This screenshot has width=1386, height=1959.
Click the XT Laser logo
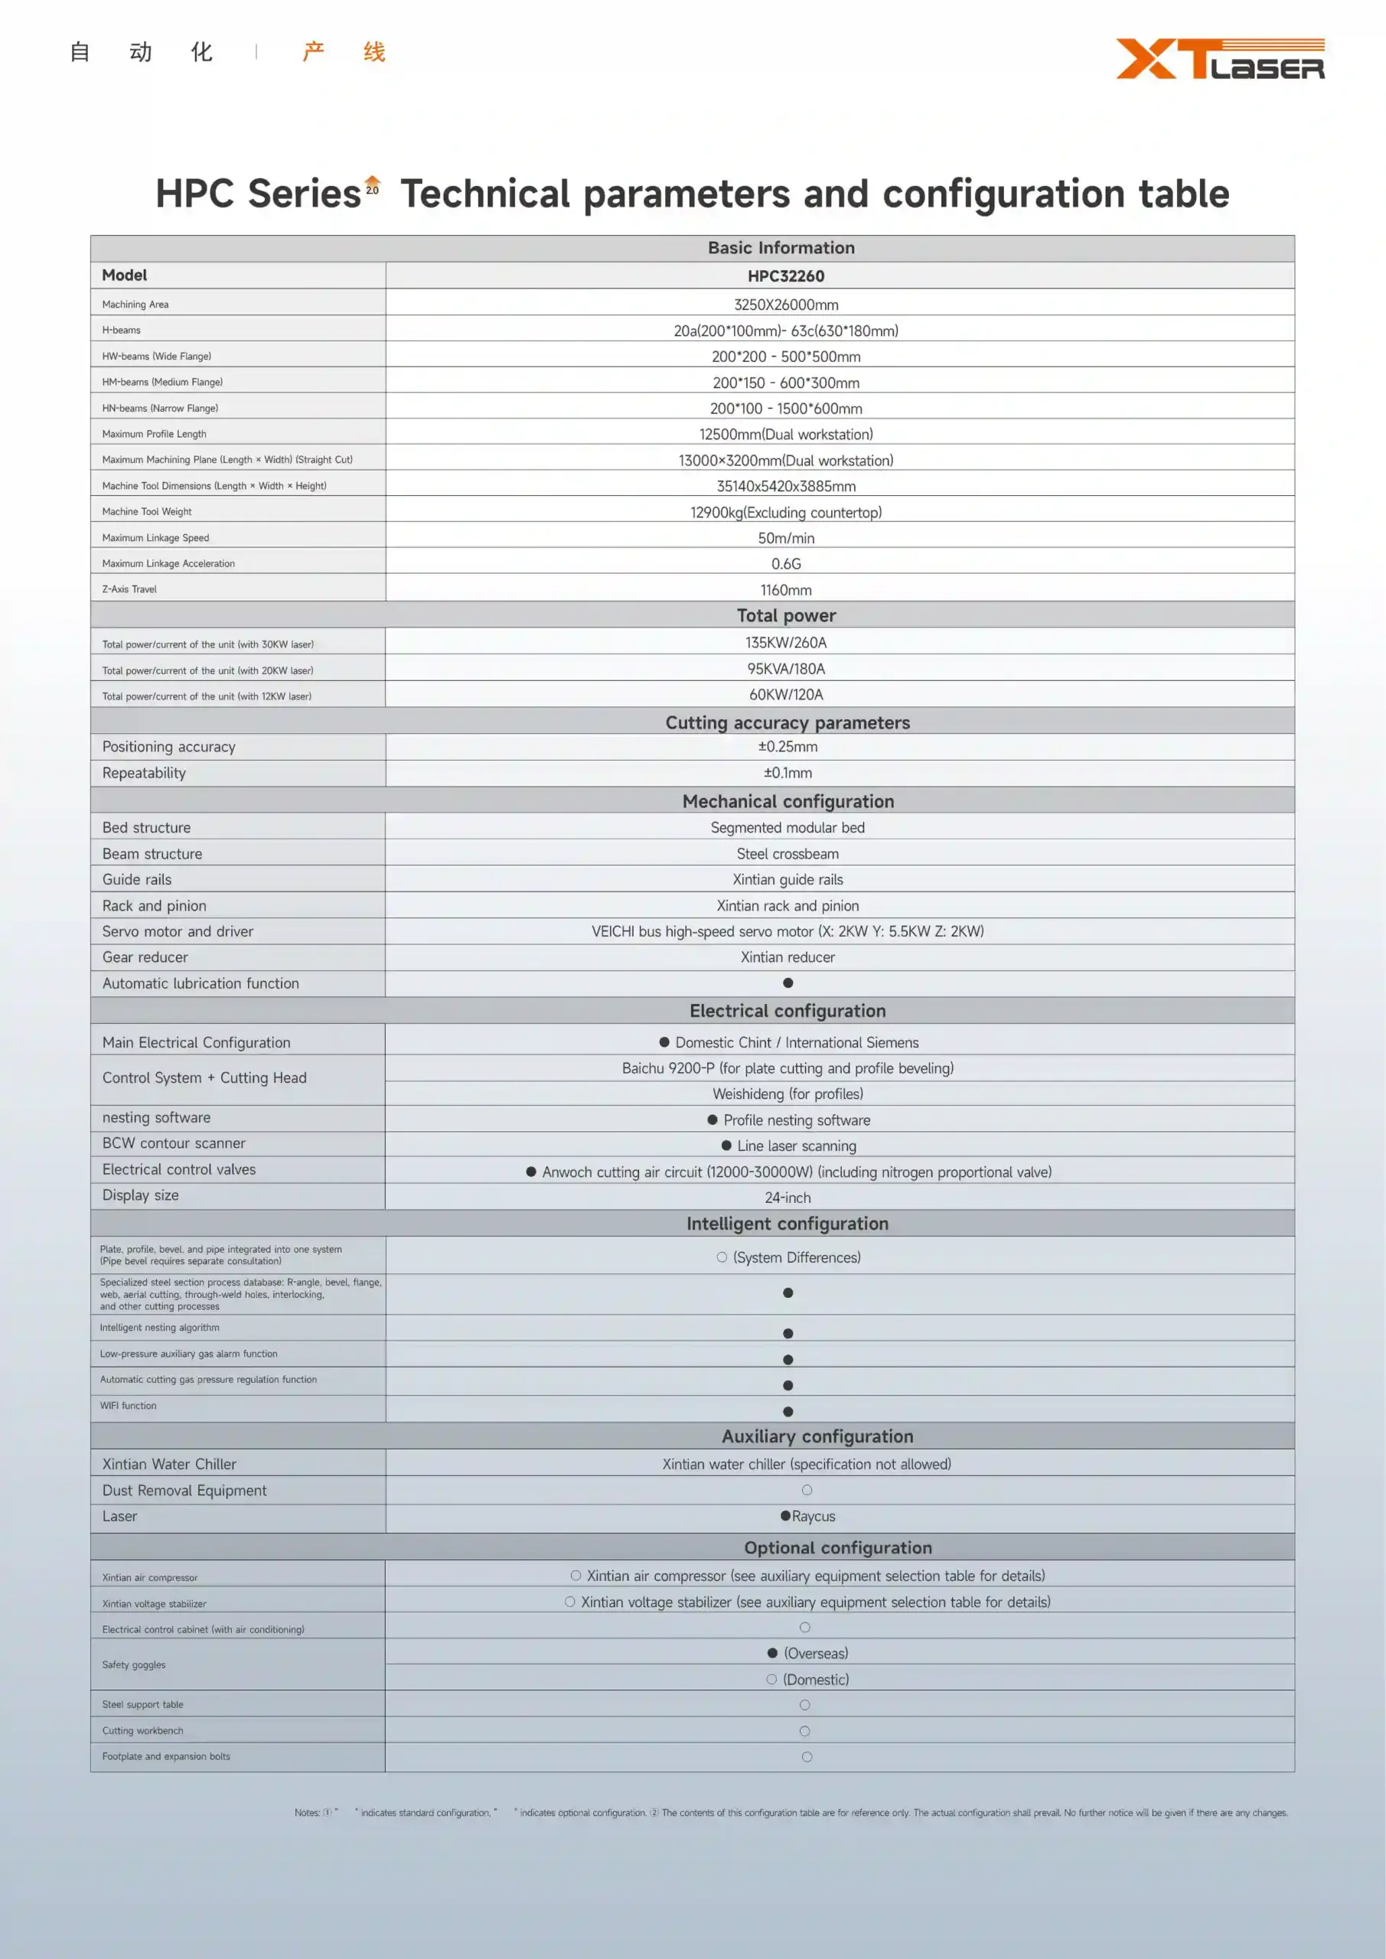click(x=1220, y=59)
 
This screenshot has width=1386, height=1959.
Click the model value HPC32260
click(x=785, y=275)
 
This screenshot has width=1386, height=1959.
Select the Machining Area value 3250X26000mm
click(x=785, y=305)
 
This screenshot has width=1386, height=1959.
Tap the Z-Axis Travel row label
click(x=130, y=588)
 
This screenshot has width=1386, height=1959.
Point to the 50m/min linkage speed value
click(x=785, y=537)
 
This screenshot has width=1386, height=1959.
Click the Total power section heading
click(x=785, y=615)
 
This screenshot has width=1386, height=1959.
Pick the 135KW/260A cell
click(x=785, y=643)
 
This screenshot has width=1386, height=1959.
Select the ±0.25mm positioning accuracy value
click(x=787, y=747)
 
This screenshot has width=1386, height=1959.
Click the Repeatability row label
click(x=144, y=773)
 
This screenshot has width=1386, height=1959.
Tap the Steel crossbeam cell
click(x=787, y=853)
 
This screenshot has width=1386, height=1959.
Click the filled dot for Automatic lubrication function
click(x=788, y=983)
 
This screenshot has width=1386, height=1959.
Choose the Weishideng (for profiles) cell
click(x=787, y=1094)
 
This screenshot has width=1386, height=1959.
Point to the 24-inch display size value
click(x=787, y=1197)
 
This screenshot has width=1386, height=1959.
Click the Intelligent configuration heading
click(x=787, y=1224)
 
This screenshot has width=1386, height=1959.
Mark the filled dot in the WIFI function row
click(x=788, y=1411)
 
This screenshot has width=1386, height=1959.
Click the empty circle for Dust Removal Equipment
click(x=807, y=1490)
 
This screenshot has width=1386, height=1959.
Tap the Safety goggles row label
click(x=134, y=1664)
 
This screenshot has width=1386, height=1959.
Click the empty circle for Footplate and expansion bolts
click(x=807, y=1757)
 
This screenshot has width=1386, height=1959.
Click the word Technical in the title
click(x=484, y=194)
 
